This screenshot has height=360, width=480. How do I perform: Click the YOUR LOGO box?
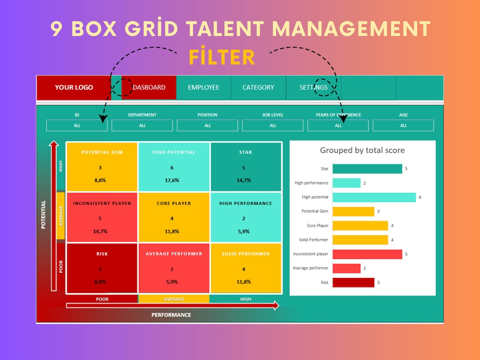(x=74, y=88)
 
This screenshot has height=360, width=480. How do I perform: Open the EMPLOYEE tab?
(x=203, y=88)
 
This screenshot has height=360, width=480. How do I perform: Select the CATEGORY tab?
(x=258, y=88)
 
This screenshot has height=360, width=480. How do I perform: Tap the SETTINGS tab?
(x=313, y=88)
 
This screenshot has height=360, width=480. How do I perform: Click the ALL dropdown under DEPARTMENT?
(x=142, y=125)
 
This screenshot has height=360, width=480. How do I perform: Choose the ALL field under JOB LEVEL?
(x=272, y=125)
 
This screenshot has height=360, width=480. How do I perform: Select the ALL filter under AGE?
(x=403, y=125)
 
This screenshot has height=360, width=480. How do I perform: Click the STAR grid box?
(x=245, y=167)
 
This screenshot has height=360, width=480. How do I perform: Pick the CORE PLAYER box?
(x=174, y=218)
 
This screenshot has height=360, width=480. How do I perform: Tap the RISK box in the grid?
(x=102, y=268)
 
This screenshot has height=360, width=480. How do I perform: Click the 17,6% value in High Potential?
(x=172, y=180)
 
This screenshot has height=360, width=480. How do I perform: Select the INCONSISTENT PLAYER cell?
(x=102, y=218)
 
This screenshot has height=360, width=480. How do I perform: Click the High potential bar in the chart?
(x=374, y=197)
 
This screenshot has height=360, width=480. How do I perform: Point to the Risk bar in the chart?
(x=353, y=283)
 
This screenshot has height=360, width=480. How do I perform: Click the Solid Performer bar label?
(x=313, y=240)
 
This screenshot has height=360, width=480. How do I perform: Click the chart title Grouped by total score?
(x=362, y=150)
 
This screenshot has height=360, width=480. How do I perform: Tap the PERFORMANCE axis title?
(x=171, y=315)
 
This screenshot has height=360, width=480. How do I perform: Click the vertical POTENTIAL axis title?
(x=43, y=215)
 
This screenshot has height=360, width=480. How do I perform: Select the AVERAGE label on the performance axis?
(x=174, y=299)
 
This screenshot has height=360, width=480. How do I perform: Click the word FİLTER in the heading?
(x=221, y=58)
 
